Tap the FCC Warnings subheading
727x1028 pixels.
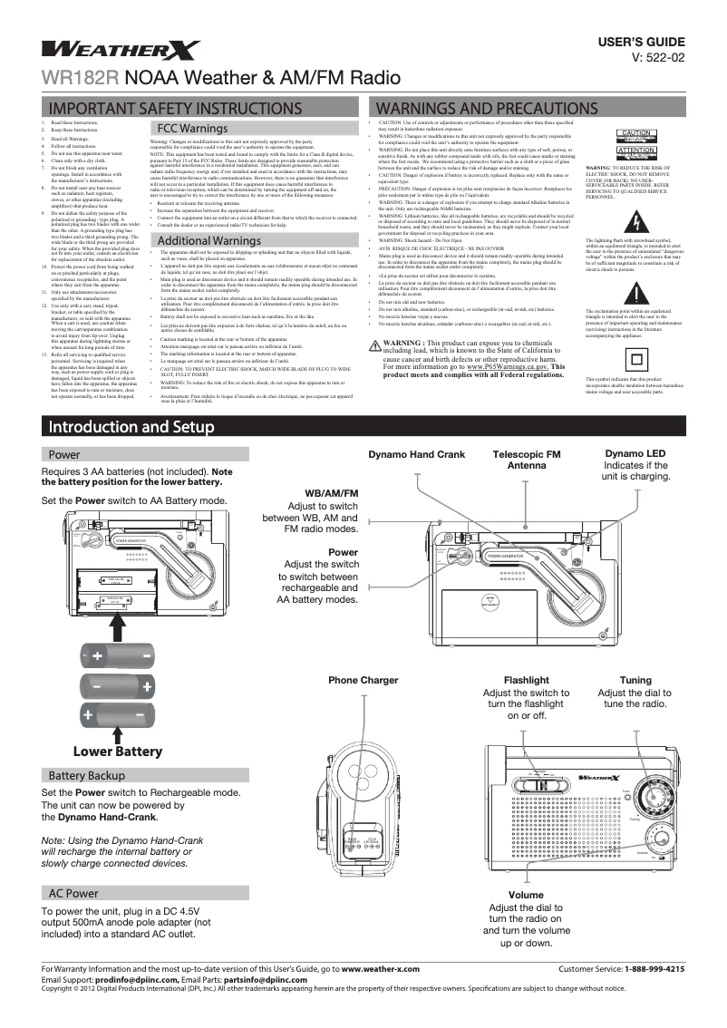pos(192,129)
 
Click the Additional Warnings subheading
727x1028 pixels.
pos(209,239)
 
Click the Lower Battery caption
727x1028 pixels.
pos(117,752)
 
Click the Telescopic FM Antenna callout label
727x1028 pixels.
pos(526,459)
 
